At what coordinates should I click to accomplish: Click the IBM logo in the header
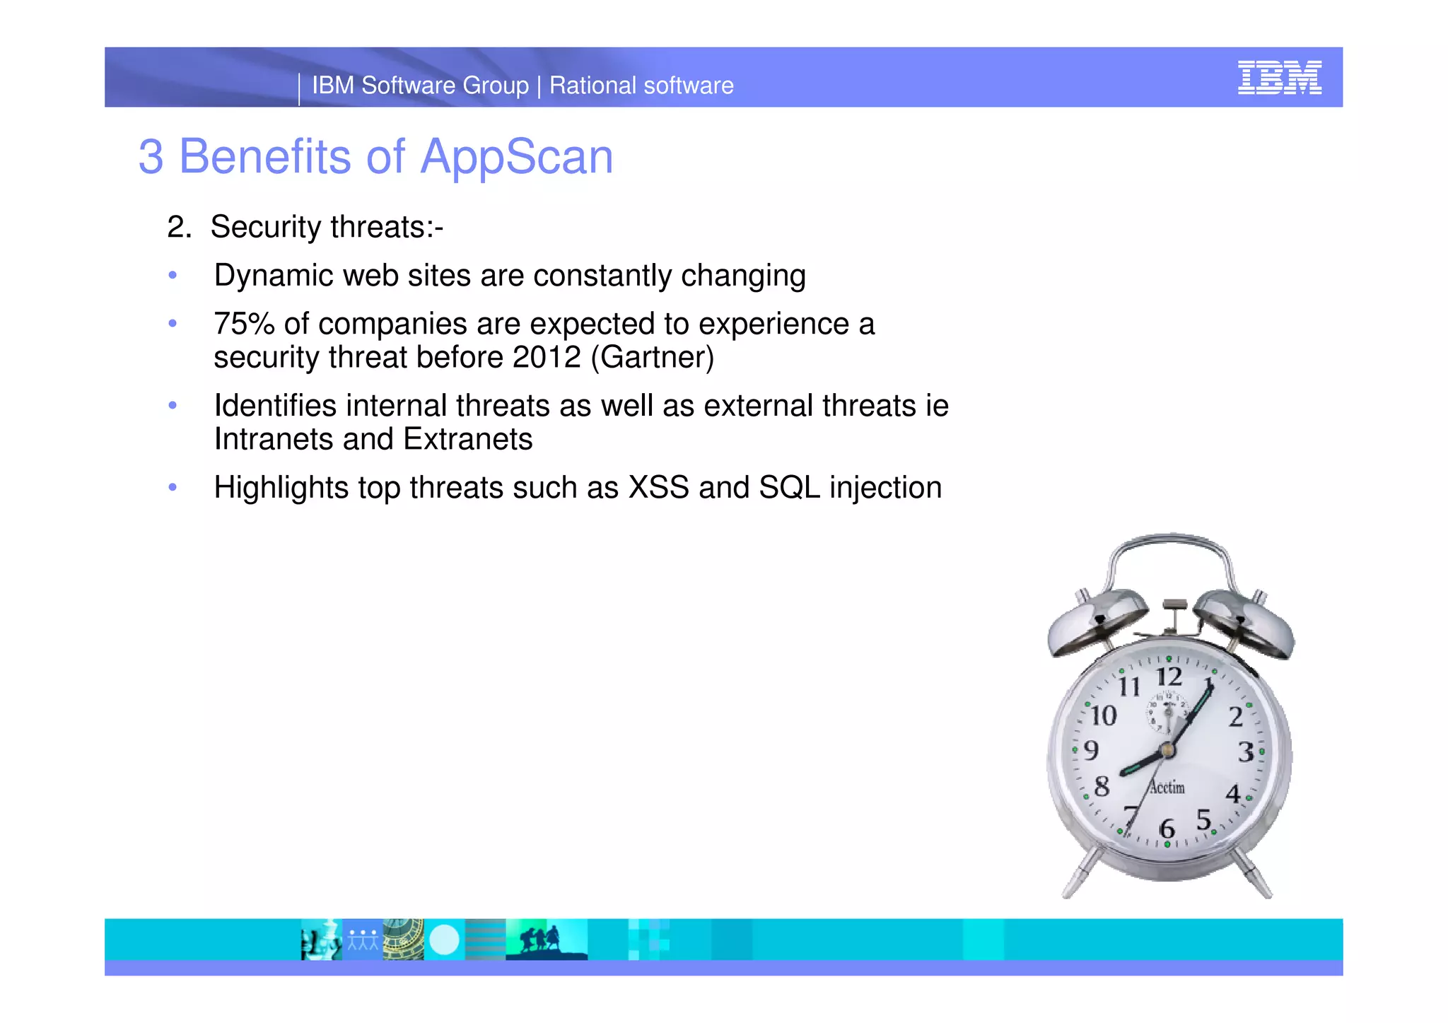click(1279, 77)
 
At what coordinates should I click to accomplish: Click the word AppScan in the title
click(516, 157)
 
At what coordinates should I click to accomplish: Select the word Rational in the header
click(592, 86)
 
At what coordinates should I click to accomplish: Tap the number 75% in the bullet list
click(244, 325)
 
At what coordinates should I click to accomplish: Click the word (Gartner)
click(653, 358)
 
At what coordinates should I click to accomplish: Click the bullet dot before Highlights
click(173, 488)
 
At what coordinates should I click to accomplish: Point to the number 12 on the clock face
click(1169, 677)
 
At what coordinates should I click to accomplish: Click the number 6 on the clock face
click(1167, 828)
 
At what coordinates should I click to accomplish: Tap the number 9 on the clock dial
click(1091, 750)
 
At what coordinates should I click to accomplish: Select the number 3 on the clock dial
click(1246, 752)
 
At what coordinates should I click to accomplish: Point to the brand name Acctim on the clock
click(1167, 787)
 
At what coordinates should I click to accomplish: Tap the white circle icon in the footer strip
click(444, 940)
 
